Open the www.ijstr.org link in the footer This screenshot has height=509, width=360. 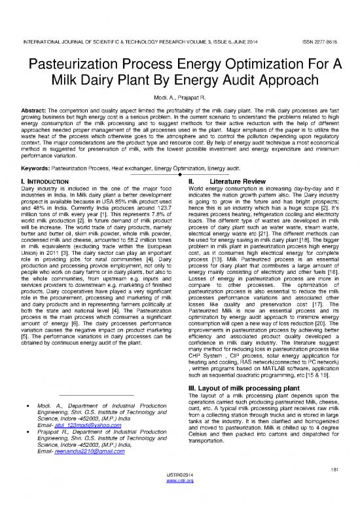pyautogui.click(x=180, y=499)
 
